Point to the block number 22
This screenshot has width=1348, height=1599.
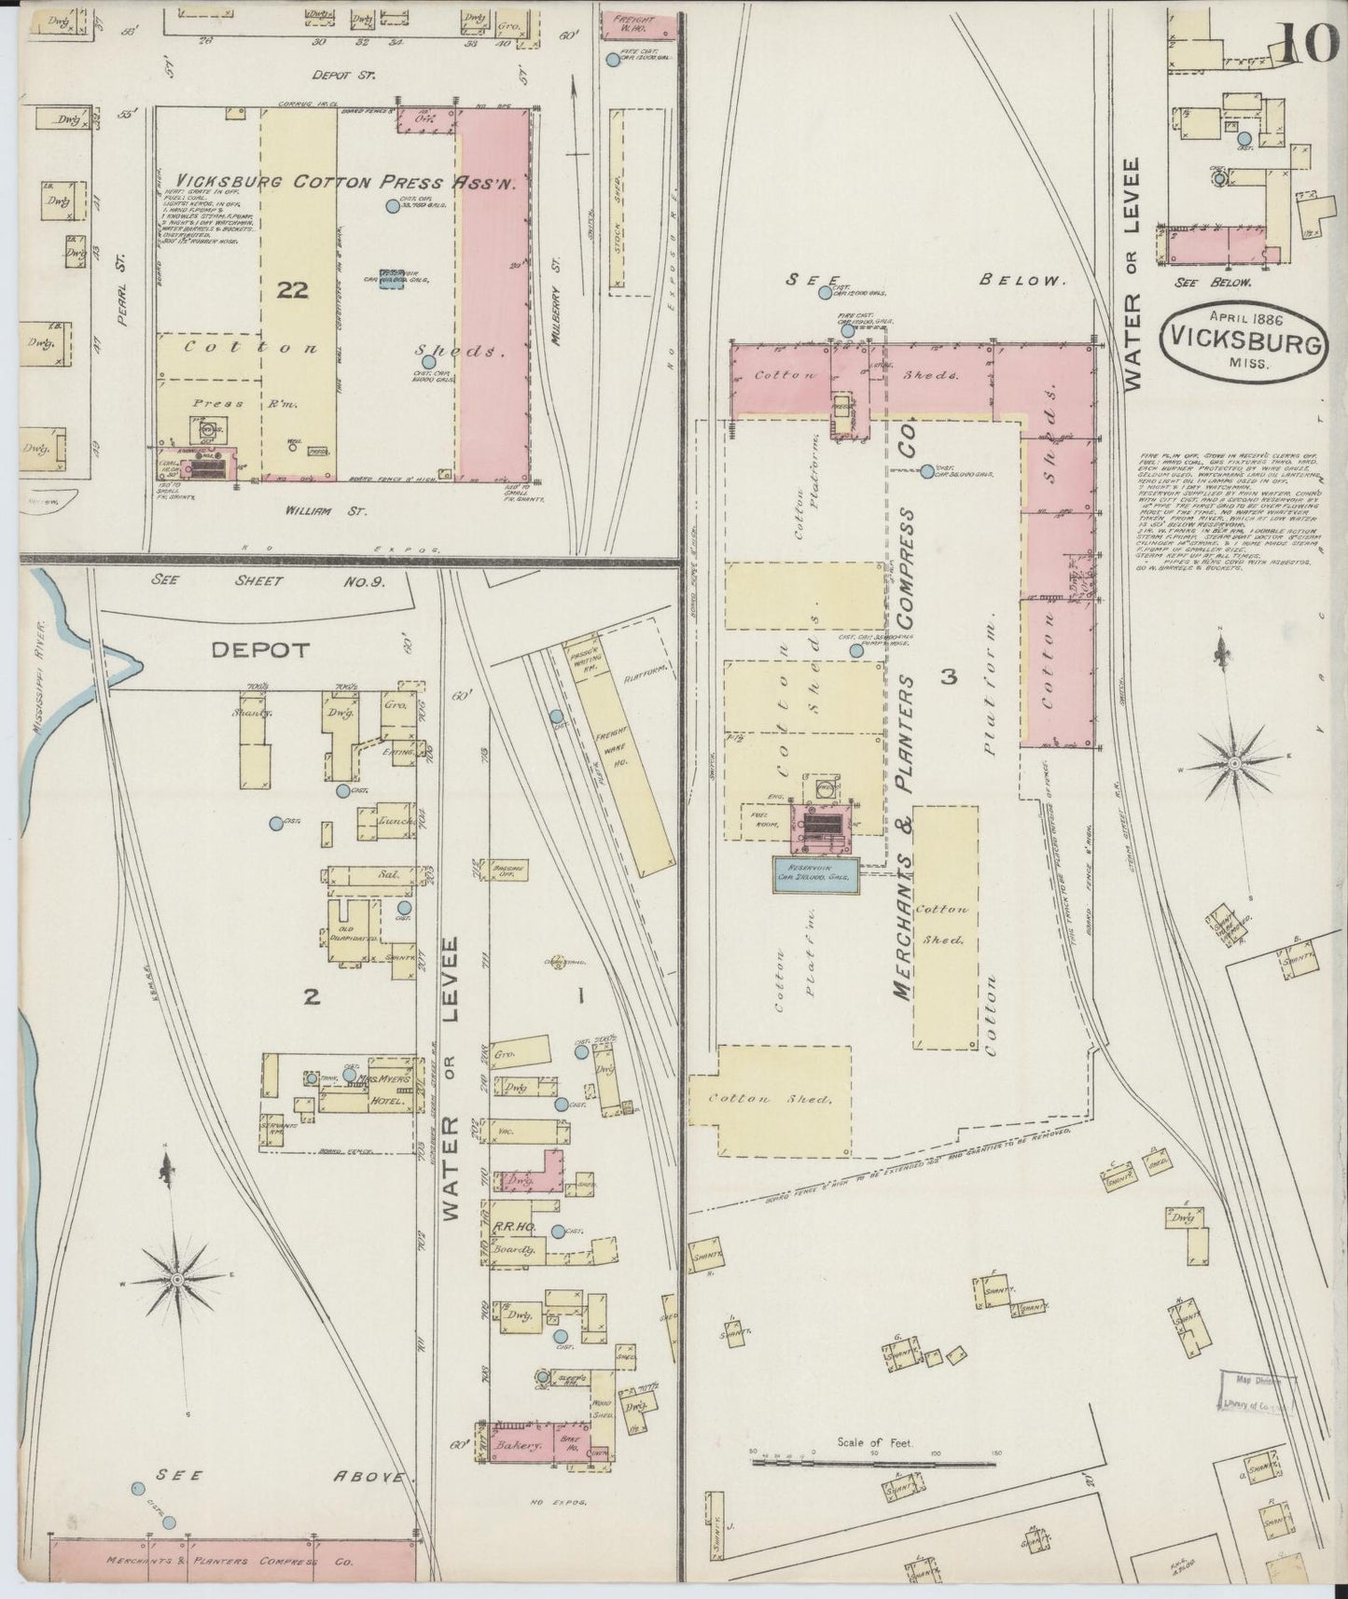point(293,290)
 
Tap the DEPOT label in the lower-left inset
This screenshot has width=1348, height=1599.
point(260,650)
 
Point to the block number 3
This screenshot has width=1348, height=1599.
point(949,677)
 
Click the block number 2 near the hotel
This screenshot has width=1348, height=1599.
point(311,997)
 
